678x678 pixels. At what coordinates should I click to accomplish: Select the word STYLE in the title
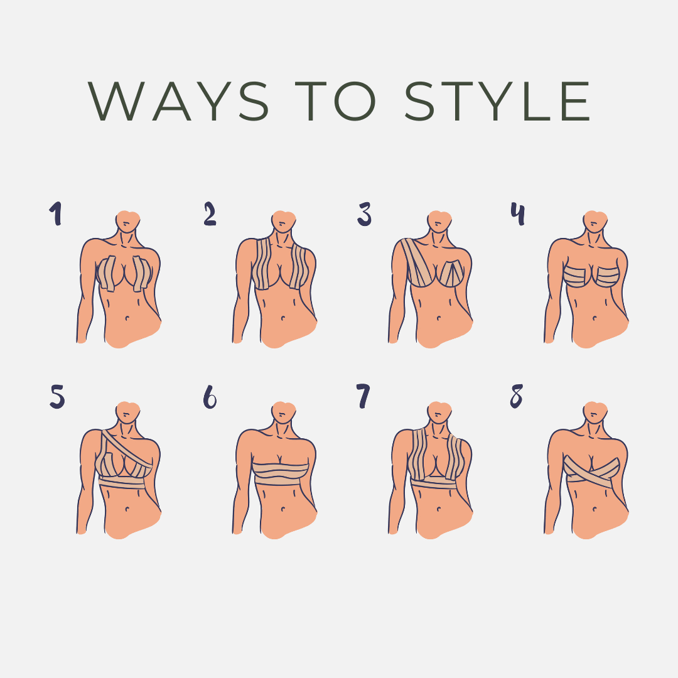tap(497, 101)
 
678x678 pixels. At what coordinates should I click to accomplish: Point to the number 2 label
tap(210, 213)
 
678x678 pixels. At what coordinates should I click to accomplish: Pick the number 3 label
tap(364, 214)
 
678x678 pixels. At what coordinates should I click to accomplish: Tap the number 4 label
tap(517, 213)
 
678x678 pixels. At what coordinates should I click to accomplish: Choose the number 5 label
tap(57, 397)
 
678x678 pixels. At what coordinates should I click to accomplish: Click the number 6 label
tap(210, 397)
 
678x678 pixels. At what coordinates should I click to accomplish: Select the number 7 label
tap(363, 397)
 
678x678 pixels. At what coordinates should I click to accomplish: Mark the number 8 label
tap(516, 396)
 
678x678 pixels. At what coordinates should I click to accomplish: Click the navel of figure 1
tap(127, 318)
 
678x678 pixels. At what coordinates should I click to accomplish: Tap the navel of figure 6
tap(282, 509)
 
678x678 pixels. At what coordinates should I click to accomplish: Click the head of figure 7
tap(439, 411)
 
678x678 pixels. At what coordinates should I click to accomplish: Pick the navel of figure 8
tap(594, 509)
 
